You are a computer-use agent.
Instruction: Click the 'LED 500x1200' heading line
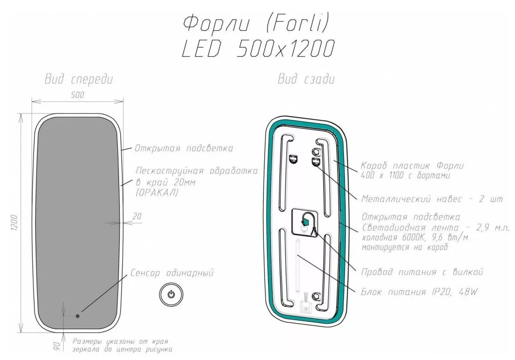click(258, 49)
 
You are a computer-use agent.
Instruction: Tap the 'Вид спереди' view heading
click(78, 79)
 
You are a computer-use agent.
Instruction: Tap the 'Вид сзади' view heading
click(306, 79)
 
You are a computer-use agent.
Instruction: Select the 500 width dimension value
click(78, 95)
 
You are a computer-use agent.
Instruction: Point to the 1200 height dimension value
click(14, 222)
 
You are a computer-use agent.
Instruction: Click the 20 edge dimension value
click(137, 216)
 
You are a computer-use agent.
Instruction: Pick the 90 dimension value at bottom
click(57, 346)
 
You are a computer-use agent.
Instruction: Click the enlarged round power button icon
click(171, 294)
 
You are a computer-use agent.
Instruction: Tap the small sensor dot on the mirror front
click(78, 316)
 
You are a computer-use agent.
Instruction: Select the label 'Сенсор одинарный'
click(172, 273)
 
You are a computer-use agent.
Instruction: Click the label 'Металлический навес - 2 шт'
click(432, 199)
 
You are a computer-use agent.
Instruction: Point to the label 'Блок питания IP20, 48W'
click(419, 292)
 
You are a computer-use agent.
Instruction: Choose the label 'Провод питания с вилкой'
click(422, 272)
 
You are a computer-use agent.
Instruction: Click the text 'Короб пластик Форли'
click(413, 165)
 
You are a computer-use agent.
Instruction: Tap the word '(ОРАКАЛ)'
click(157, 192)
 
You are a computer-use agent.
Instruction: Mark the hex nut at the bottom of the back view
click(316, 295)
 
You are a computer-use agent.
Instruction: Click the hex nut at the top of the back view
click(316, 151)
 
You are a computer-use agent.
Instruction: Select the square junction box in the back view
click(304, 222)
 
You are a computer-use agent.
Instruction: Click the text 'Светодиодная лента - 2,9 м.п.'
click(435, 228)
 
